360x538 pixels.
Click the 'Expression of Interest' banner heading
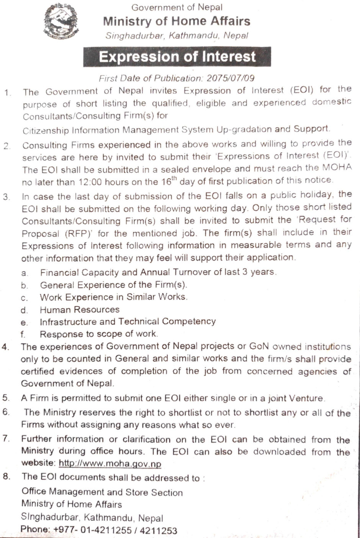point(177,57)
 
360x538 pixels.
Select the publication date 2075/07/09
point(231,78)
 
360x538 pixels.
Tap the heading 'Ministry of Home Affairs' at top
point(177,21)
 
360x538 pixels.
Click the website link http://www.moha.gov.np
point(110,464)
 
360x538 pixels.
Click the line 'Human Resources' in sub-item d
point(80,310)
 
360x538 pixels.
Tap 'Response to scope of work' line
point(98,334)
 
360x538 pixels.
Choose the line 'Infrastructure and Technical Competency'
point(128,322)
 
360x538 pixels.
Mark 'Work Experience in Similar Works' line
point(113,297)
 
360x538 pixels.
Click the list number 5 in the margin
point(6,398)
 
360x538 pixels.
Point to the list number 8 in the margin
point(6,477)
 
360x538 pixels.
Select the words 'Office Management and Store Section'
point(102,492)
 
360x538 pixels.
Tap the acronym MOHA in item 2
point(337,167)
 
